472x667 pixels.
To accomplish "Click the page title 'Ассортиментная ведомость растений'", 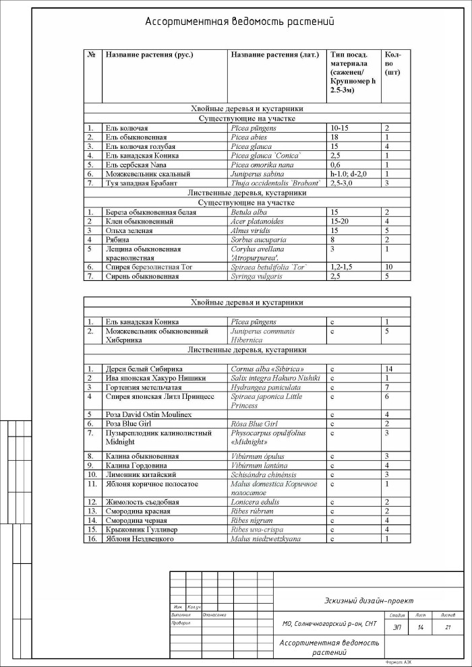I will [240, 22].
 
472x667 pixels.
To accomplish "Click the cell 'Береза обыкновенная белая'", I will [150, 212].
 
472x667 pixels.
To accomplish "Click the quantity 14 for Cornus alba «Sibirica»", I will [388, 369].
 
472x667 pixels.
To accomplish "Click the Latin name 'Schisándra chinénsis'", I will [266, 474].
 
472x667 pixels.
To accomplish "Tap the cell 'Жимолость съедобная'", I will [142, 502].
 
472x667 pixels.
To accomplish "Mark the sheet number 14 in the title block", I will [420, 628].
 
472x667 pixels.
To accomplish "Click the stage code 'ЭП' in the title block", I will [396, 628].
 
